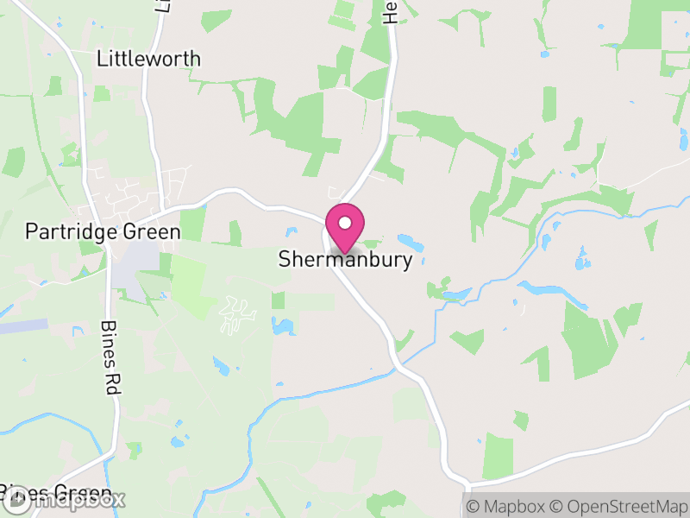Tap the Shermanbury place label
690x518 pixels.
[345, 259]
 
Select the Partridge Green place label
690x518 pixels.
[103, 231]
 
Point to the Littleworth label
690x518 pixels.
[148, 59]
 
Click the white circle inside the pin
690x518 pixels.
[345, 223]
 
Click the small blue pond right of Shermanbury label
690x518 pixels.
[405, 240]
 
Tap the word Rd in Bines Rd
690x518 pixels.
[110, 383]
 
